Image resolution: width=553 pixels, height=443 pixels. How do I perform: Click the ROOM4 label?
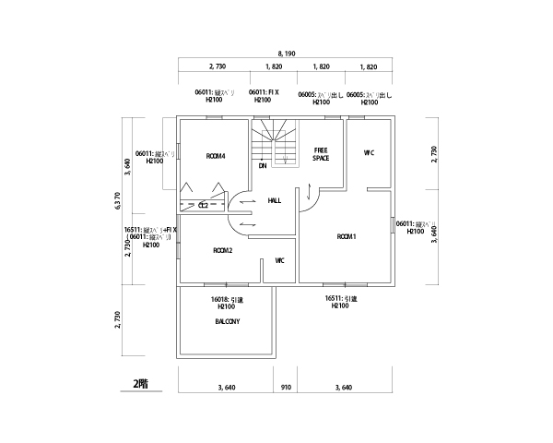coord(217,155)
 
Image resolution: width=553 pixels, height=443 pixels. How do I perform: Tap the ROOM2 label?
coord(222,250)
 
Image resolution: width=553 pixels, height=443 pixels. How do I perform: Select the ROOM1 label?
coord(347,237)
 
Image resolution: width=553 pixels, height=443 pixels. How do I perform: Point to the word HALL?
coord(275,200)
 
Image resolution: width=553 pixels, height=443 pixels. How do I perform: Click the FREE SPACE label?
coord(321,153)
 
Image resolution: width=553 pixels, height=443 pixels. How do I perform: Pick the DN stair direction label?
coord(262,166)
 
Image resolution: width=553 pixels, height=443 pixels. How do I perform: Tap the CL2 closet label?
coord(204,205)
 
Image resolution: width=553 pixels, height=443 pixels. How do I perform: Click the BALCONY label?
coord(227,321)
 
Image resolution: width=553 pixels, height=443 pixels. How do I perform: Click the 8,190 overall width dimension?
coord(284,54)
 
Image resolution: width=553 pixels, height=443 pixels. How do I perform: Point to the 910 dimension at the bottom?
coord(286,388)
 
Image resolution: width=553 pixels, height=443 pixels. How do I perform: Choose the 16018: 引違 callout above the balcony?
coord(227,303)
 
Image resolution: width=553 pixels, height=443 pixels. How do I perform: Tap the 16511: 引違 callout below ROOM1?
coord(340,303)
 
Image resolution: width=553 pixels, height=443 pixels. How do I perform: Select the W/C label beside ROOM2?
coord(279,260)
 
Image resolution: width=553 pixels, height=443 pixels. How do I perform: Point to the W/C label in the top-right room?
coord(369,152)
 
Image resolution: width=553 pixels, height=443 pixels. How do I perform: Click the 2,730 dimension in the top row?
coord(218,67)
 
